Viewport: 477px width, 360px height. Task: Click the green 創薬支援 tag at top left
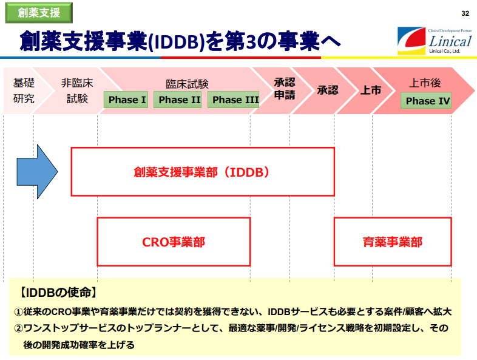click(39, 13)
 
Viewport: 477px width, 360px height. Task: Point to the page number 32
click(465, 13)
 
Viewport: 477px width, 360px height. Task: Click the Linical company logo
click(435, 41)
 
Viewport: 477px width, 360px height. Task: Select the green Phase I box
click(126, 100)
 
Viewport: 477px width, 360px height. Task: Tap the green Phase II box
click(178, 100)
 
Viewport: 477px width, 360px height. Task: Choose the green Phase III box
click(234, 100)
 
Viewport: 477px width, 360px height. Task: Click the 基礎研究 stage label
click(24, 90)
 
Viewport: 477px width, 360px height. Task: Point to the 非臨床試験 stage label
click(77, 90)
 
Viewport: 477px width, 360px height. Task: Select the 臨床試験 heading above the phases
click(187, 84)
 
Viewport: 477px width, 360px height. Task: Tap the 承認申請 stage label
click(285, 89)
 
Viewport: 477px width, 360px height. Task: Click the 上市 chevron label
click(371, 90)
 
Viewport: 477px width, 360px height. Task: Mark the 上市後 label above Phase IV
click(425, 83)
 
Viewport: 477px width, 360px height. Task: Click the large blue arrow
click(37, 172)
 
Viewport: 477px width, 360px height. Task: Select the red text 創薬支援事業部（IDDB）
click(201, 172)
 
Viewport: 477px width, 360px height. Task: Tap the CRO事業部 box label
click(174, 242)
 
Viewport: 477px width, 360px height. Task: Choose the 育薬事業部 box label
click(393, 242)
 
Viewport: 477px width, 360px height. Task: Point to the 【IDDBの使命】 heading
click(58, 293)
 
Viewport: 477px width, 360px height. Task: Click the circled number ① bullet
click(19, 311)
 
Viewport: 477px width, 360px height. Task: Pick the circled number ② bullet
click(19, 328)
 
